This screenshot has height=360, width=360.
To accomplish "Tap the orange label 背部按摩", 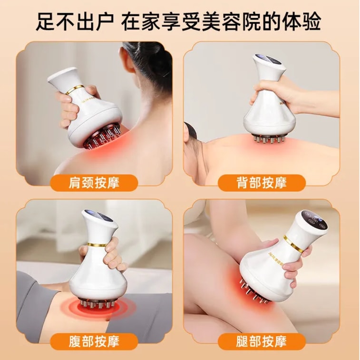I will point(262,183).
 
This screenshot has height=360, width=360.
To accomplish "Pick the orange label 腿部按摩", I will point(262,341).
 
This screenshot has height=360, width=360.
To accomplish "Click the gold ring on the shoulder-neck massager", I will point(75,89).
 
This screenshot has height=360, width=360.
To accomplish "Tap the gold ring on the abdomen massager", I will point(97,244).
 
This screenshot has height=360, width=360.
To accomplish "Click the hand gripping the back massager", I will point(271,93).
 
